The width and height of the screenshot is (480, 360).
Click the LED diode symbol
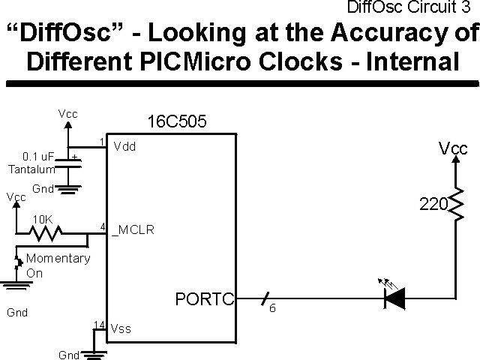pyautogui.click(x=394, y=298)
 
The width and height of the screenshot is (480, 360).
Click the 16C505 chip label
pyautogui.click(x=177, y=121)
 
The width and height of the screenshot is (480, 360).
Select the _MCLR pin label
pyautogui.click(x=133, y=230)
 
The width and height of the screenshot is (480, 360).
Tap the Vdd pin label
pyautogui.click(x=124, y=147)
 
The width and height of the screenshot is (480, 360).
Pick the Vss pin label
pyautogui.click(x=121, y=328)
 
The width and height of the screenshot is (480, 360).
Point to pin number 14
pyautogui.click(x=99, y=325)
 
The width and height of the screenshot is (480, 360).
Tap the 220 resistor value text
pyautogui.click(x=433, y=202)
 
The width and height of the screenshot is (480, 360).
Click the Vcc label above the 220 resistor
pyautogui.click(x=453, y=149)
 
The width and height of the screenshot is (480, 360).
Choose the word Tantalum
pyautogui.click(x=26, y=169)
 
